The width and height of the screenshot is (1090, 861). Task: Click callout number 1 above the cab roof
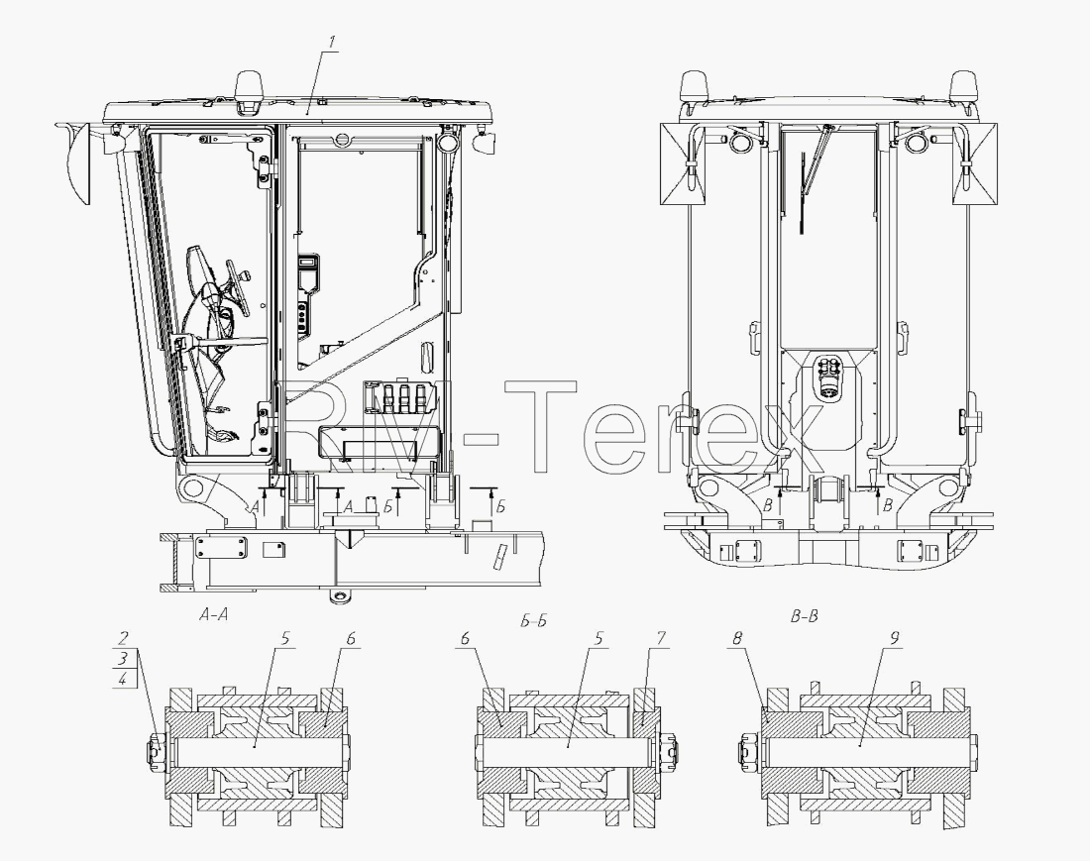tap(332, 41)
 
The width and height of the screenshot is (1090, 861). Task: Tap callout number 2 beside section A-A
tap(123, 638)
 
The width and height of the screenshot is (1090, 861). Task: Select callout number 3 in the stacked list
tap(123, 658)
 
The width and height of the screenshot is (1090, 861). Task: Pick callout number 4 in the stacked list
tap(123, 679)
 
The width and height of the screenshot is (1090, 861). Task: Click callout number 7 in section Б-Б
tap(661, 638)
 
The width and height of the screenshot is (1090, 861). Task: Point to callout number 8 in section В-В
tap(737, 638)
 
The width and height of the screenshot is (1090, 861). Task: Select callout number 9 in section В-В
tap(896, 638)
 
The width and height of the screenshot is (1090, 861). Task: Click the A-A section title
tap(213, 614)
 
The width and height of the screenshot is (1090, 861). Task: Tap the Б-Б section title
tap(533, 620)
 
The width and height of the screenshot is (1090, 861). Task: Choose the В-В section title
tap(805, 615)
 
